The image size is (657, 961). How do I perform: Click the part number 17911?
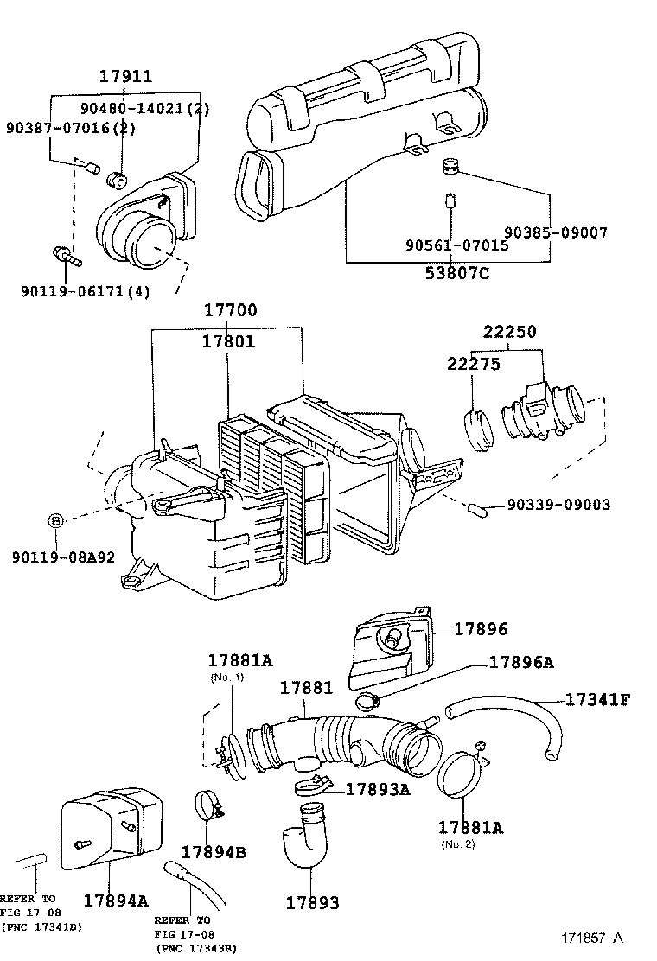pyautogui.click(x=125, y=76)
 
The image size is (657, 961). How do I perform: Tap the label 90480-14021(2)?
pyautogui.click(x=145, y=109)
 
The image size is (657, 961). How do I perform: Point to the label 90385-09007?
pyautogui.click(x=556, y=232)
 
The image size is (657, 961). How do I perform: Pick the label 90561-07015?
pyautogui.click(x=456, y=245)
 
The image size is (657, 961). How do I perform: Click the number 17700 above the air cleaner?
pyautogui.click(x=230, y=310)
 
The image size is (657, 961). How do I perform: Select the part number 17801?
pyautogui.click(x=228, y=341)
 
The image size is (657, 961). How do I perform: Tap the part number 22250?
pyautogui.click(x=509, y=332)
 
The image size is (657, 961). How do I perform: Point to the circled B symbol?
pyautogui.click(x=55, y=520)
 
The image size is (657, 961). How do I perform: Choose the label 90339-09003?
pyautogui.click(x=558, y=504)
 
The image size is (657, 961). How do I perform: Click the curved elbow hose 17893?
pyautogui.click(x=304, y=837)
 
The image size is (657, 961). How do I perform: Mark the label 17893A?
pyautogui.click(x=377, y=788)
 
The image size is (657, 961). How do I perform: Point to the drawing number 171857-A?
pyautogui.click(x=590, y=938)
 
